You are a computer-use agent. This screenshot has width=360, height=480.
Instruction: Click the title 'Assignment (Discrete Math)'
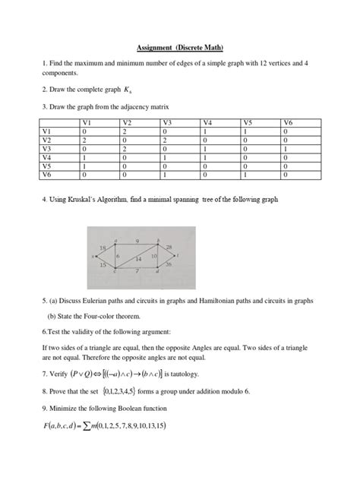pyautogui.click(x=179, y=46)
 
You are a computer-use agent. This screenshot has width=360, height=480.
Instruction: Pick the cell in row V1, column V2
pyautogui.click(x=126, y=131)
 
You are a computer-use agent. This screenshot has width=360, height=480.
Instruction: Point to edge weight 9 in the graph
pyautogui.click(x=137, y=240)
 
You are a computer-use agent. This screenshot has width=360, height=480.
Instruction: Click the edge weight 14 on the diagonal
pyautogui.click(x=139, y=259)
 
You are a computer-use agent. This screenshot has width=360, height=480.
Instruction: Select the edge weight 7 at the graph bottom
pyautogui.click(x=136, y=270)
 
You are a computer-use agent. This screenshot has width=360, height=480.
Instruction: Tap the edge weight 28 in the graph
pyautogui.click(x=169, y=248)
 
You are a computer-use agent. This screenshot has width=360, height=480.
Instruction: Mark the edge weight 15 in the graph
pyautogui.click(x=103, y=264)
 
